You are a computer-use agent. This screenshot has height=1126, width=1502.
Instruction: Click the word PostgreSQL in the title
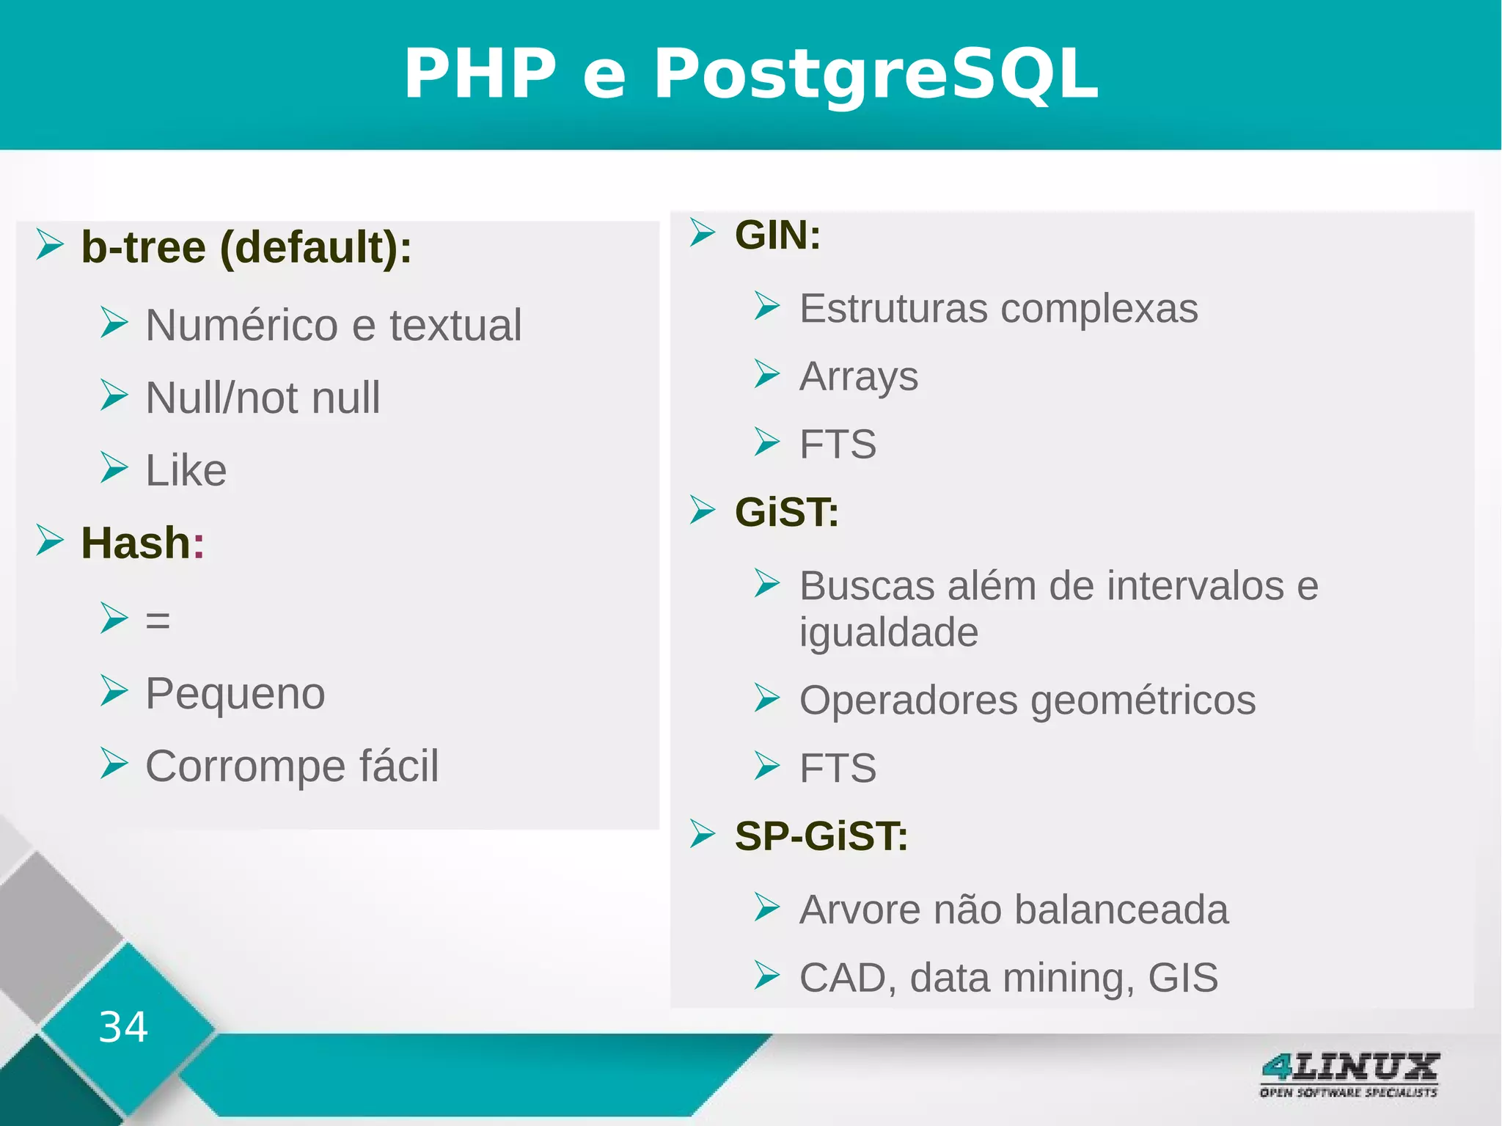point(876,74)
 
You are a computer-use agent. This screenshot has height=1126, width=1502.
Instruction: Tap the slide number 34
point(123,1026)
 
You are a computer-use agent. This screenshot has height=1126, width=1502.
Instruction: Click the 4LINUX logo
point(1349,1075)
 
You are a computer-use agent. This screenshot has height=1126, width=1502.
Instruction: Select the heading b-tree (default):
point(246,247)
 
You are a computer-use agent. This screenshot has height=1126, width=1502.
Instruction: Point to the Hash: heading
point(142,543)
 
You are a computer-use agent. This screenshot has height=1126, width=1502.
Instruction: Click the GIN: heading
point(777,235)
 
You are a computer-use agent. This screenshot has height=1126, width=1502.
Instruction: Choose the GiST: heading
point(786,512)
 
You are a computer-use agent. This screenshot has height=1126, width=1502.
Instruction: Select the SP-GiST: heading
point(821,836)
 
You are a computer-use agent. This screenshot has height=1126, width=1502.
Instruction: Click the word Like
point(186,470)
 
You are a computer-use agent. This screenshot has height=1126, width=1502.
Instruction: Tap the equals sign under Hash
point(158,621)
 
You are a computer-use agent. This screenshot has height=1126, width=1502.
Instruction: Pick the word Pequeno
point(235,693)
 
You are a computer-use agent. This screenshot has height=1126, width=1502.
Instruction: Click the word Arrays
point(858,377)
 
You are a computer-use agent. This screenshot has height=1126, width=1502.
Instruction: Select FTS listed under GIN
point(838,445)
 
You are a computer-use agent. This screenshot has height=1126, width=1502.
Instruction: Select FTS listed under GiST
point(838,768)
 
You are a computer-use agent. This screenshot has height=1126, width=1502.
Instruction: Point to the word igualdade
point(888,632)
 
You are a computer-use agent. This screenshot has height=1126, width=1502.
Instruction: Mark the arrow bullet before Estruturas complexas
point(767,306)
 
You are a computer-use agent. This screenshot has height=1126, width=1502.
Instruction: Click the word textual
point(455,325)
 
